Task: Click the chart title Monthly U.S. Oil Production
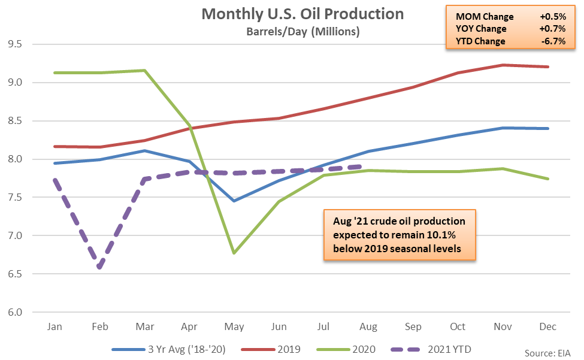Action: tap(302, 14)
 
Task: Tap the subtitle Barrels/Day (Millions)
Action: tap(303, 32)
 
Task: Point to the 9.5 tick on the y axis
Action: tap(15, 44)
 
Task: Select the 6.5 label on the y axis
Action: tap(15, 274)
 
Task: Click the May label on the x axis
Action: tap(234, 327)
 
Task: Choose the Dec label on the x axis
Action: tap(548, 326)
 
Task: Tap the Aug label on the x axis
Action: tap(368, 327)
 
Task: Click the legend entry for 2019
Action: tap(271, 349)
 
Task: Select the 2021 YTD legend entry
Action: tap(431, 349)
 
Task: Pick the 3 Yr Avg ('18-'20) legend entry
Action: tap(169, 349)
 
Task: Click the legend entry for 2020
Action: tap(346, 349)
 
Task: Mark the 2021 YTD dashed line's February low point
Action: tap(99, 267)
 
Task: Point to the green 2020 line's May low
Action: tap(234, 253)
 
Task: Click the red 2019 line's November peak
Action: tap(503, 65)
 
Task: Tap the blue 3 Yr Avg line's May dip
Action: tap(234, 201)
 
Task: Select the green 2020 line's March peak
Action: tap(144, 70)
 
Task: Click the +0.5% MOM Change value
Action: tap(553, 17)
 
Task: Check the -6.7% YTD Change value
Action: tap(554, 41)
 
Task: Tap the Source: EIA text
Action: tap(547, 353)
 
